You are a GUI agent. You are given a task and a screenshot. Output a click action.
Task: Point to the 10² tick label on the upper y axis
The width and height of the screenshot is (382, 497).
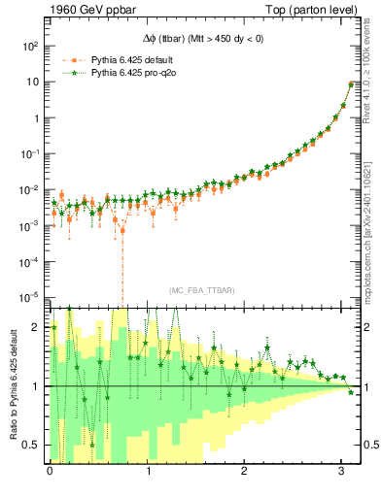(31, 46)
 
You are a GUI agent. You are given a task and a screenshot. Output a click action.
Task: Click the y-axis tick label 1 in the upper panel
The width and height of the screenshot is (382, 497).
(37, 118)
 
